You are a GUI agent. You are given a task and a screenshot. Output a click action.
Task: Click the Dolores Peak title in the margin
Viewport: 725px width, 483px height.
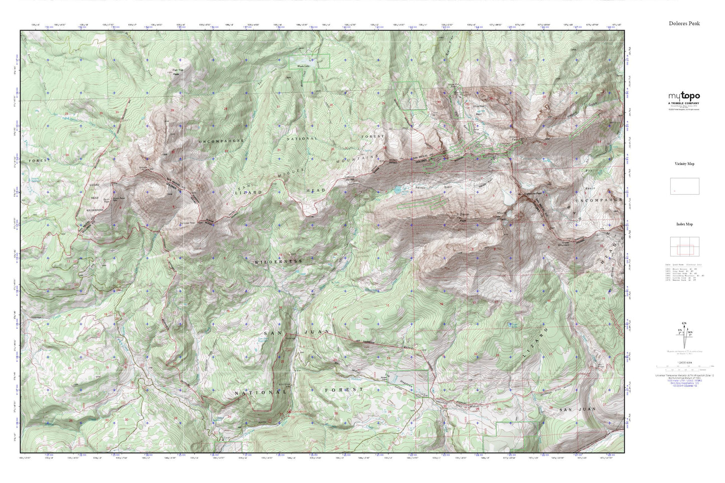[684, 23]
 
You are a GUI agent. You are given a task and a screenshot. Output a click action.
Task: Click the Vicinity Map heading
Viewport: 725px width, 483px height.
[684, 164]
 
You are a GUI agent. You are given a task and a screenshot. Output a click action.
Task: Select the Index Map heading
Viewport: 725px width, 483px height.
[684, 224]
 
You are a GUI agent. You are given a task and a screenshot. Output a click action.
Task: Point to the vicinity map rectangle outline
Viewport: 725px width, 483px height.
[684, 186]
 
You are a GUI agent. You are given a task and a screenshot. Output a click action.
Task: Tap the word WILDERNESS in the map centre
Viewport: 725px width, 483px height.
[278, 262]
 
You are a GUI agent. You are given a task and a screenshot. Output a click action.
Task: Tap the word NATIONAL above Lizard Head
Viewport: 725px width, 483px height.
[302, 138]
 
